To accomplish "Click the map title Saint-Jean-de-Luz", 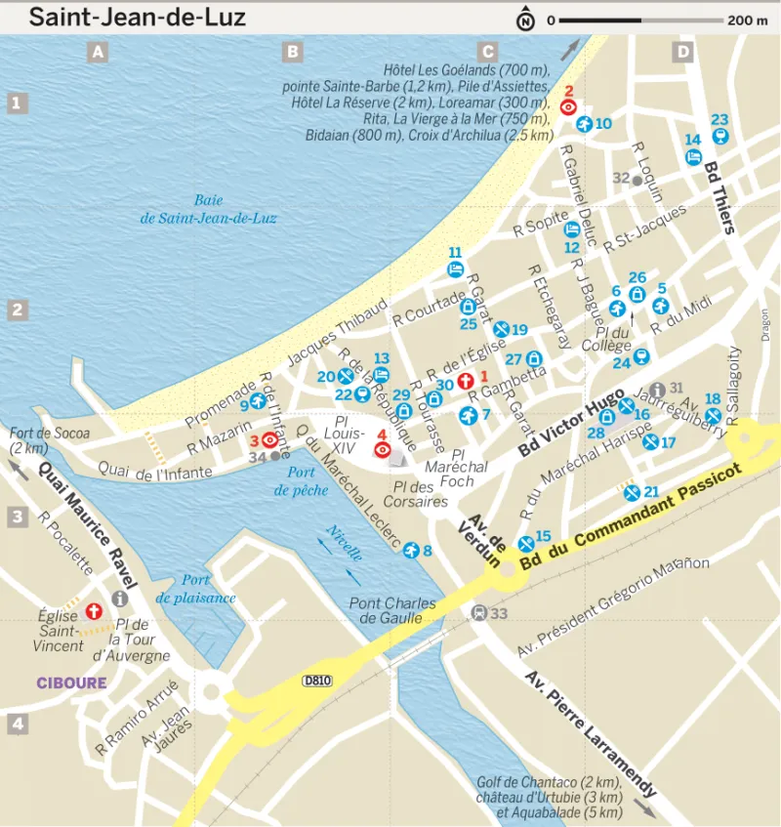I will tap(137, 18).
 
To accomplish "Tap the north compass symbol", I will tap(526, 20).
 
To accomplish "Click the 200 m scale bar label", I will tap(747, 20).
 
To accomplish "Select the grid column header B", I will tap(292, 53).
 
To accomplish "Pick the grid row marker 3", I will tap(17, 517).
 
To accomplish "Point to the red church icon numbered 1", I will tap(465, 379).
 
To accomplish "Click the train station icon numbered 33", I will tap(478, 613).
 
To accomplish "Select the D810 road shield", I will tap(314, 680).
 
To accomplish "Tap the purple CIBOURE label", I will tap(71, 682).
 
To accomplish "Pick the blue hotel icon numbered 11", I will tap(455, 269).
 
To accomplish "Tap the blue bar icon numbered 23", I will tap(719, 139).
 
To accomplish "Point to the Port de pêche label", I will tap(294, 481).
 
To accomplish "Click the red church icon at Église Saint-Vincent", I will tap(94, 611).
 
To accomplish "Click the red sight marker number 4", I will tap(383, 450).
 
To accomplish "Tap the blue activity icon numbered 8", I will tap(411, 550).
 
